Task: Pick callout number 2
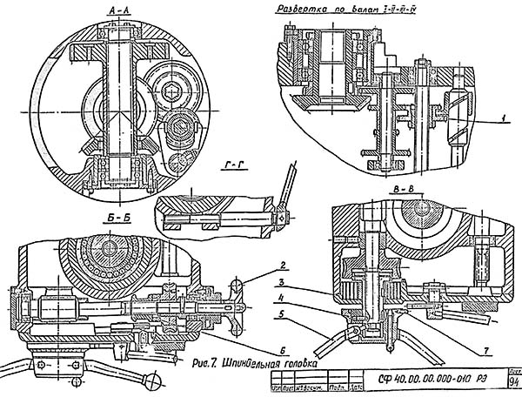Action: pyautogui.click(x=258, y=264)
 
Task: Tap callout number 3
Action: pyautogui.click(x=258, y=283)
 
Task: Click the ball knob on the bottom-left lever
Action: pyautogui.click(x=155, y=376)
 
